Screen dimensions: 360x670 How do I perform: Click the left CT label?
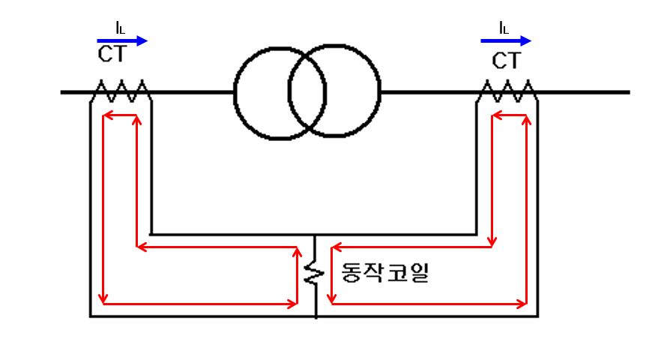(x=112, y=54)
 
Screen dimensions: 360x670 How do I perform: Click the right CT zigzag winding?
(x=508, y=92)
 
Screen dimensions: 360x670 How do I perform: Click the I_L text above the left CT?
(x=120, y=28)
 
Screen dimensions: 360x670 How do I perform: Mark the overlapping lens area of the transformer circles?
(x=307, y=93)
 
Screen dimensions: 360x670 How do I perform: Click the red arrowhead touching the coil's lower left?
(x=293, y=304)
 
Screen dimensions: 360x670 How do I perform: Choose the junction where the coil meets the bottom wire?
(x=316, y=316)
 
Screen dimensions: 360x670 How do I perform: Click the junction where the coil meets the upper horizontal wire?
(x=316, y=235)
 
